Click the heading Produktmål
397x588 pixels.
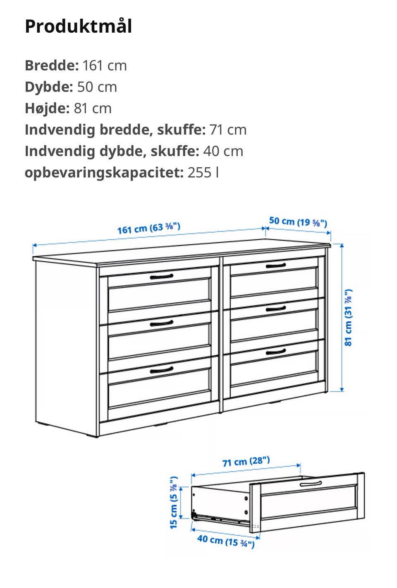click(79, 27)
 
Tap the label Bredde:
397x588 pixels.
click(51, 65)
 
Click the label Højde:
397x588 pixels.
click(47, 108)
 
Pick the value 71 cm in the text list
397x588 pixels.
click(228, 130)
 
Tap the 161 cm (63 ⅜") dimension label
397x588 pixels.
click(148, 228)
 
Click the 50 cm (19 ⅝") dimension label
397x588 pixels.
click(298, 222)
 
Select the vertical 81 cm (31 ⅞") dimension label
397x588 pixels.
click(349, 317)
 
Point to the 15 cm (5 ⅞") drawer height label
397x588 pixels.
click(174, 502)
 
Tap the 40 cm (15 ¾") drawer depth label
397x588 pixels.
click(226, 540)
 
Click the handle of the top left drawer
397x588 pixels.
click(162, 276)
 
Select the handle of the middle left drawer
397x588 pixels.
click(162, 323)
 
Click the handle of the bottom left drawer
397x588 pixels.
click(162, 369)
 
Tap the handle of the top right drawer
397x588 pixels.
click(276, 265)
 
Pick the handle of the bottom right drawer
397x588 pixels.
click(276, 352)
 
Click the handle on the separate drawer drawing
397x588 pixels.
click(311, 484)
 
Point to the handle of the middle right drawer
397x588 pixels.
click(276, 308)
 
